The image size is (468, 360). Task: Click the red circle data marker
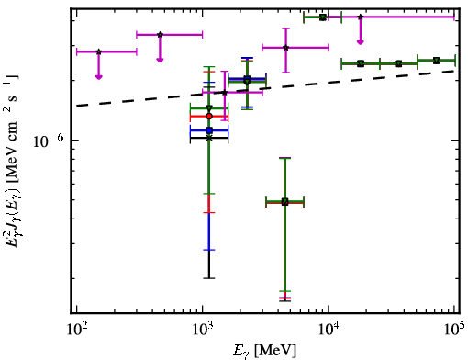point(209,117)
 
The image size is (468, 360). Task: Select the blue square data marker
point(209,130)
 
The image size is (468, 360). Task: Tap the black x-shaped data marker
point(209,138)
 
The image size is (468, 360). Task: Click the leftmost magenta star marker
point(98,51)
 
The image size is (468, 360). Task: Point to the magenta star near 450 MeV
point(160,35)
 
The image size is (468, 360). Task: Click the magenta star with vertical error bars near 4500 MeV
point(285,48)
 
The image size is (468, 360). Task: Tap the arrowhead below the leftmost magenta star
point(98,77)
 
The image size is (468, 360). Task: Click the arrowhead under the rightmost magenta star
point(361,42)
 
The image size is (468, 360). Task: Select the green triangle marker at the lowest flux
point(284,201)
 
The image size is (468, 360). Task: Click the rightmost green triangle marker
point(437,61)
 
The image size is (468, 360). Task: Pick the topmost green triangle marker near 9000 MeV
point(323,17)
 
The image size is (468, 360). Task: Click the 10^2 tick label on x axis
point(76,331)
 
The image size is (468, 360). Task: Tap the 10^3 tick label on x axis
point(203,331)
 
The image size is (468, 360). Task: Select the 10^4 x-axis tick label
point(329,331)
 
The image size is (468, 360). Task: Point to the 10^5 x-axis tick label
point(454,331)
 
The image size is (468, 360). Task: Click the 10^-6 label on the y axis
point(49,141)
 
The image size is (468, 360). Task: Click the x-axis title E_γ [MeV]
point(264,351)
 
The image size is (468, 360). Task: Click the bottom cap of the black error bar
point(209,278)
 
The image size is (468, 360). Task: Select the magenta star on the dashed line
point(225,93)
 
